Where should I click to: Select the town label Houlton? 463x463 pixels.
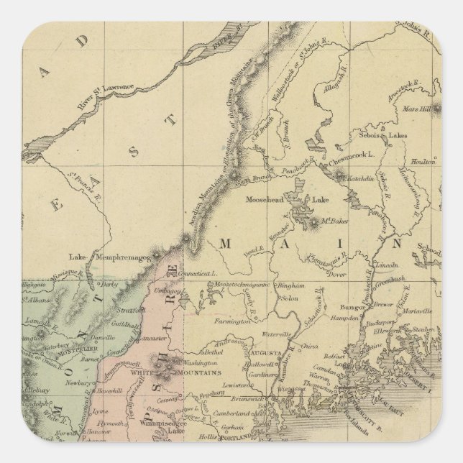coord(423,163)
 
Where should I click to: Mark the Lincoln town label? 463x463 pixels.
coord(388,265)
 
